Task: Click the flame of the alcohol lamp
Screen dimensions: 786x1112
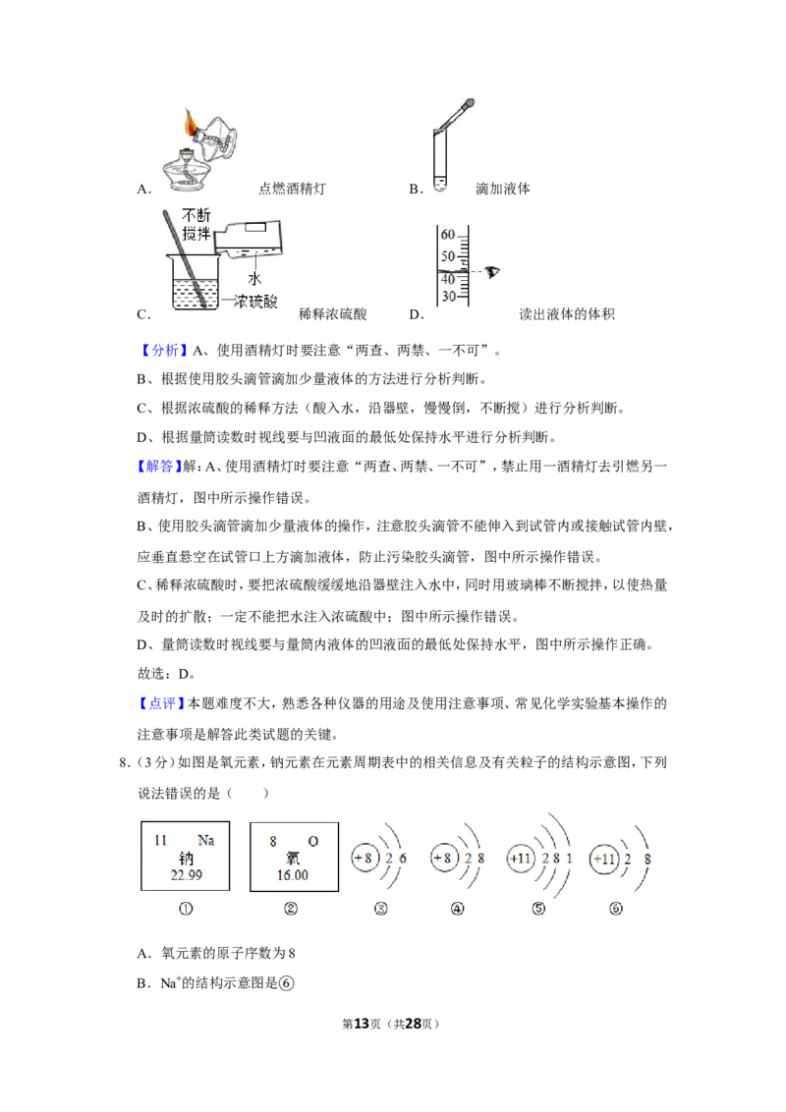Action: point(191,123)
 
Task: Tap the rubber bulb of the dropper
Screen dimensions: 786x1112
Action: point(468,105)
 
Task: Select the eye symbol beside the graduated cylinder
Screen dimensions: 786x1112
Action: point(492,272)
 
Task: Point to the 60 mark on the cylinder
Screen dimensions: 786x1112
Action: point(447,235)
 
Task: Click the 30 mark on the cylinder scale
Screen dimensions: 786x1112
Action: point(448,296)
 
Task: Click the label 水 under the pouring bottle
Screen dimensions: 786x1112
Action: point(253,278)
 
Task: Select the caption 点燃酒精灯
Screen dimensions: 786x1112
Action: point(292,189)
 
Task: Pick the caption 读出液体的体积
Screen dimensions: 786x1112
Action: point(567,314)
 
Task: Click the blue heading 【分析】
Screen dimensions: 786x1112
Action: point(162,350)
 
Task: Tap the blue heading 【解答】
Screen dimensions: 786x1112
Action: point(159,466)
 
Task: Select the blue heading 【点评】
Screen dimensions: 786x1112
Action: point(161,703)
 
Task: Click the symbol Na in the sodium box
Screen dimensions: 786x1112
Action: point(205,840)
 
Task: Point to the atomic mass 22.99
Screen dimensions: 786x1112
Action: point(186,875)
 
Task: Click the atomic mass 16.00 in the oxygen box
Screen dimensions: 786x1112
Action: point(293,875)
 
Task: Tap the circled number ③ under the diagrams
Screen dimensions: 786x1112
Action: point(381,909)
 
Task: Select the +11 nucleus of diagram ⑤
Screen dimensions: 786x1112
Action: point(520,859)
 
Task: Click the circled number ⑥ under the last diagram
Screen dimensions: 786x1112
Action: point(616,909)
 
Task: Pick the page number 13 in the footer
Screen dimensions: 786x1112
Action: point(362,1024)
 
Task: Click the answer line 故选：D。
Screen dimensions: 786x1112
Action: point(166,674)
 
